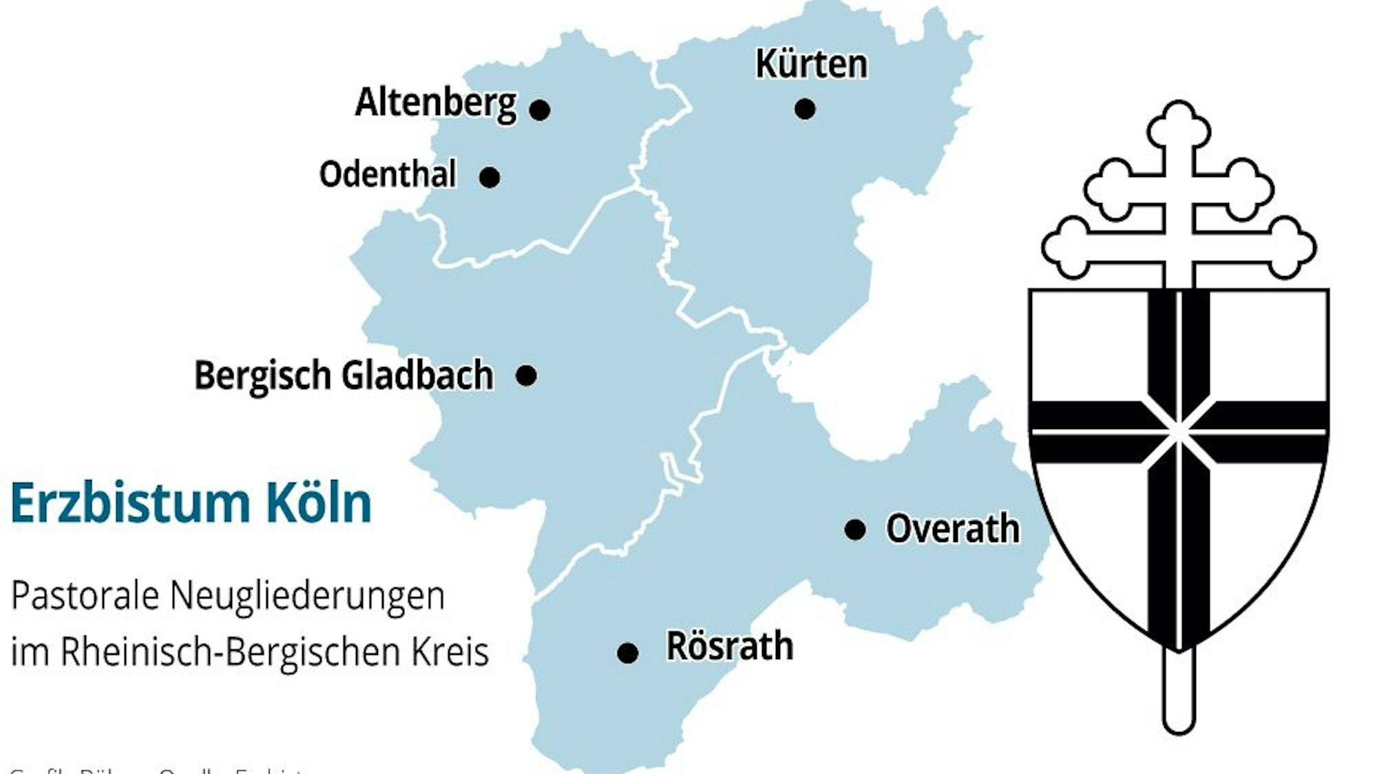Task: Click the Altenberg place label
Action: point(435,103)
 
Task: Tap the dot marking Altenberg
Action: point(540,109)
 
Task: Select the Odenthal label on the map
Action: point(388,174)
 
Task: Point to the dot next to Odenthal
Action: point(490,178)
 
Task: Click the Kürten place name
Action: point(811,64)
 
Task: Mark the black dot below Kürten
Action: point(805,109)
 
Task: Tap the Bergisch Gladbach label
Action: point(344,375)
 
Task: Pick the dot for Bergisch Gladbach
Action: point(526,376)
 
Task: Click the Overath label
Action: point(952,529)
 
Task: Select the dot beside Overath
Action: point(855,530)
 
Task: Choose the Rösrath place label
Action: point(730,646)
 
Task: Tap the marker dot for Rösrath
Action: point(627,653)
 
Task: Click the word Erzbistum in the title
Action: point(129,503)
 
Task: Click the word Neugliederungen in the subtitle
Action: point(307,596)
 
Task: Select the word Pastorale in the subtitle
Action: point(85,595)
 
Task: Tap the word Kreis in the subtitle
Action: point(450,651)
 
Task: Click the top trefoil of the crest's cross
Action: point(1179,124)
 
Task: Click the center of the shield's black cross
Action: point(1179,432)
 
